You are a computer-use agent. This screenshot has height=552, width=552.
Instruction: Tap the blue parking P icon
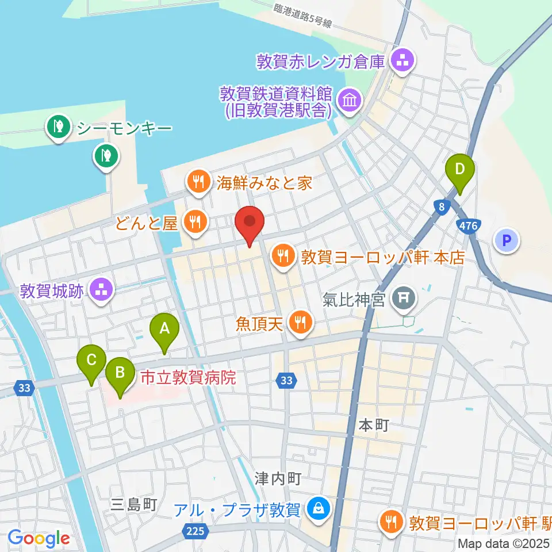point(507,240)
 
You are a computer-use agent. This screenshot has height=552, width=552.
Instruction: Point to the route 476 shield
point(469,226)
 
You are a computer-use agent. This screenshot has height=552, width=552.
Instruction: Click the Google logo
point(39,538)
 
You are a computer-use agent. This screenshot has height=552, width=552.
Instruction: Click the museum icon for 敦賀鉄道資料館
point(349,101)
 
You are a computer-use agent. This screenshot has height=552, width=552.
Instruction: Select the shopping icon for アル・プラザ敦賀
point(316,508)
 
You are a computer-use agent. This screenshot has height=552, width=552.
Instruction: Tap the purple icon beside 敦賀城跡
point(102,291)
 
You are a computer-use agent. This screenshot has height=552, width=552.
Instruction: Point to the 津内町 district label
point(278,477)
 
